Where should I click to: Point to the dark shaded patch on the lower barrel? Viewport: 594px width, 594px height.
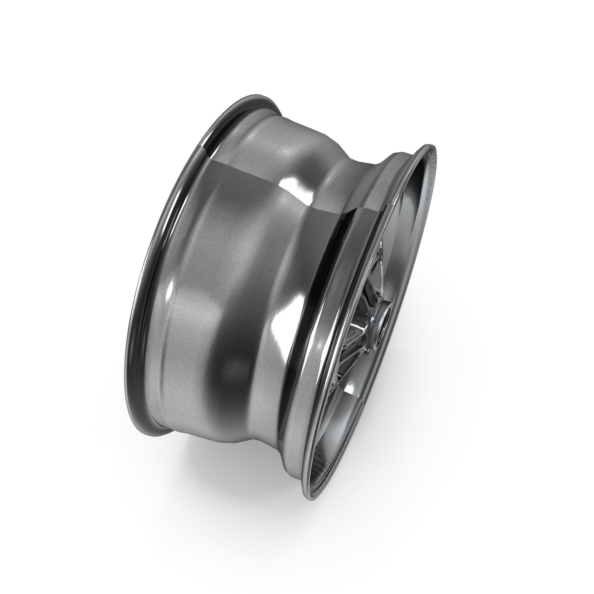click(234, 369)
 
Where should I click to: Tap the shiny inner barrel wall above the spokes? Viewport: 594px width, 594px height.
click(406, 221)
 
